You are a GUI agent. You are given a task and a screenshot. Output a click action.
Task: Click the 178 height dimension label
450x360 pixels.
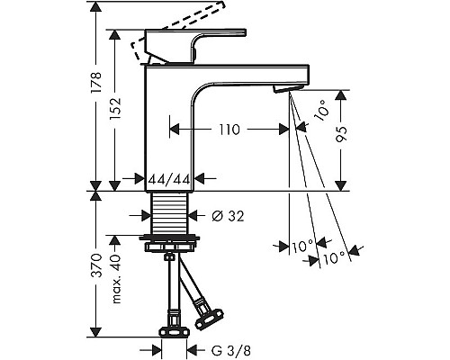pyautogui.click(x=97, y=83)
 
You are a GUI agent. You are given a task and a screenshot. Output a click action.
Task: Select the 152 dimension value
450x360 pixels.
pyautogui.click(x=115, y=109)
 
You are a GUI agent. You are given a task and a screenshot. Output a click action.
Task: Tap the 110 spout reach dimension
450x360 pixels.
pyautogui.click(x=229, y=130)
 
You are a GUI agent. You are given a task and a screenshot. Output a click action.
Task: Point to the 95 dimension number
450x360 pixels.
pyautogui.click(x=341, y=134)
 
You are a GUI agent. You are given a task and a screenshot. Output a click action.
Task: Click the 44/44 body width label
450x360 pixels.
pyautogui.click(x=170, y=179)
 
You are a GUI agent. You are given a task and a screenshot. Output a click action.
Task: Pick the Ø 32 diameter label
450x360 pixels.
pyautogui.click(x=228, y=216)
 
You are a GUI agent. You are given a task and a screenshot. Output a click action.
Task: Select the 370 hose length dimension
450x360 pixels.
pyautogui.click(x=97, y=265)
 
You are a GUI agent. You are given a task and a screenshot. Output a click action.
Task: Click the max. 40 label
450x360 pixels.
pyautogui.click(x=116, y=279)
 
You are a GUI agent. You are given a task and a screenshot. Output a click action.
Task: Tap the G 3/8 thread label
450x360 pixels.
pyautogui.click(x=231, y=350)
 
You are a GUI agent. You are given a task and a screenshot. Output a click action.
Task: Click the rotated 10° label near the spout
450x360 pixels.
pyautogui.click(x=321, y=111)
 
